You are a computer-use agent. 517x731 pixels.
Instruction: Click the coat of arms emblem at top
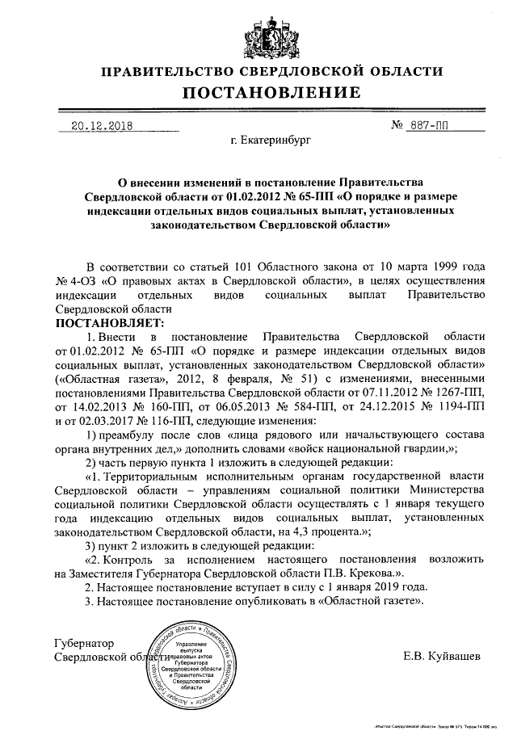(x=258, y=36)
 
